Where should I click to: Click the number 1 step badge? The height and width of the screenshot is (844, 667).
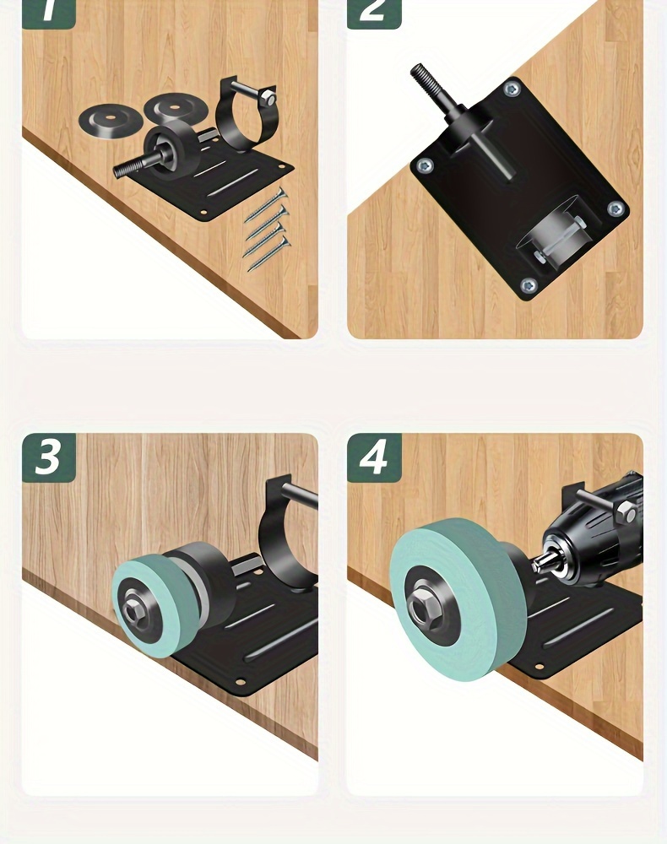[x=48, y=12]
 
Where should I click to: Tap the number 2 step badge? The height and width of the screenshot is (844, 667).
[x=373, y=12]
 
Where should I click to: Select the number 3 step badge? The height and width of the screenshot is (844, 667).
[x=48, y=457]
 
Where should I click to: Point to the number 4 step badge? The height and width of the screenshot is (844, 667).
[x=373, y=457]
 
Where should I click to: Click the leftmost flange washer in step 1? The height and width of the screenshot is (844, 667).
[x=106, y=120]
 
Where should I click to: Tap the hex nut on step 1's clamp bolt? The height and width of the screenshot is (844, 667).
[x=267, y=98]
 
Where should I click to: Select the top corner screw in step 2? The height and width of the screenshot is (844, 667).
[x=511, y=89]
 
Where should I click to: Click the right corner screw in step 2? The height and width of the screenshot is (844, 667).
[x=615, y=208]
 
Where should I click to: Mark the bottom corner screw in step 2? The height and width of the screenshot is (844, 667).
[x=529, y=285]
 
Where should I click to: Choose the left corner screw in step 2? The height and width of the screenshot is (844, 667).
[x=425, y=166]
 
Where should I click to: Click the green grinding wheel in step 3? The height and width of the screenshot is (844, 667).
[x=144, y=608]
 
